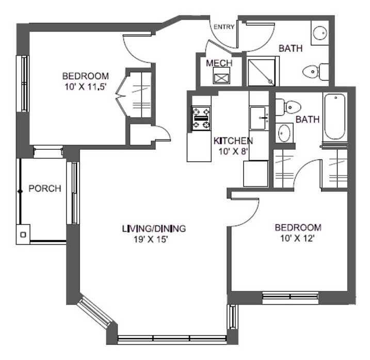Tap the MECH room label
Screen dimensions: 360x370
[x=219, y=63]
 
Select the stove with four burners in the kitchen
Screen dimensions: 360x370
[x=201, y=118]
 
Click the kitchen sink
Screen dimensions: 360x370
[x=259, y=118]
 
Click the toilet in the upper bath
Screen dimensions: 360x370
[x=316, y=71]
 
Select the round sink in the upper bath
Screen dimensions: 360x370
[x=320, y=32]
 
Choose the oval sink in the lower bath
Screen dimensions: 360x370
[x=284, y=133]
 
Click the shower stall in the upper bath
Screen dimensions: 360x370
[x=263, y=72]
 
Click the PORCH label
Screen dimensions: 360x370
[x=44, y=189]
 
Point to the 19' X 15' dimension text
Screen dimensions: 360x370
[x=153, y=239]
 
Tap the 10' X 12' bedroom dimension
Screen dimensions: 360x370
[x=298, y=239]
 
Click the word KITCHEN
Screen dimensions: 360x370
[x=233, y=141]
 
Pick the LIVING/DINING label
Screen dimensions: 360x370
[x=154, y=228]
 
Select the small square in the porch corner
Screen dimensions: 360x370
[x=23, y=234]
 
